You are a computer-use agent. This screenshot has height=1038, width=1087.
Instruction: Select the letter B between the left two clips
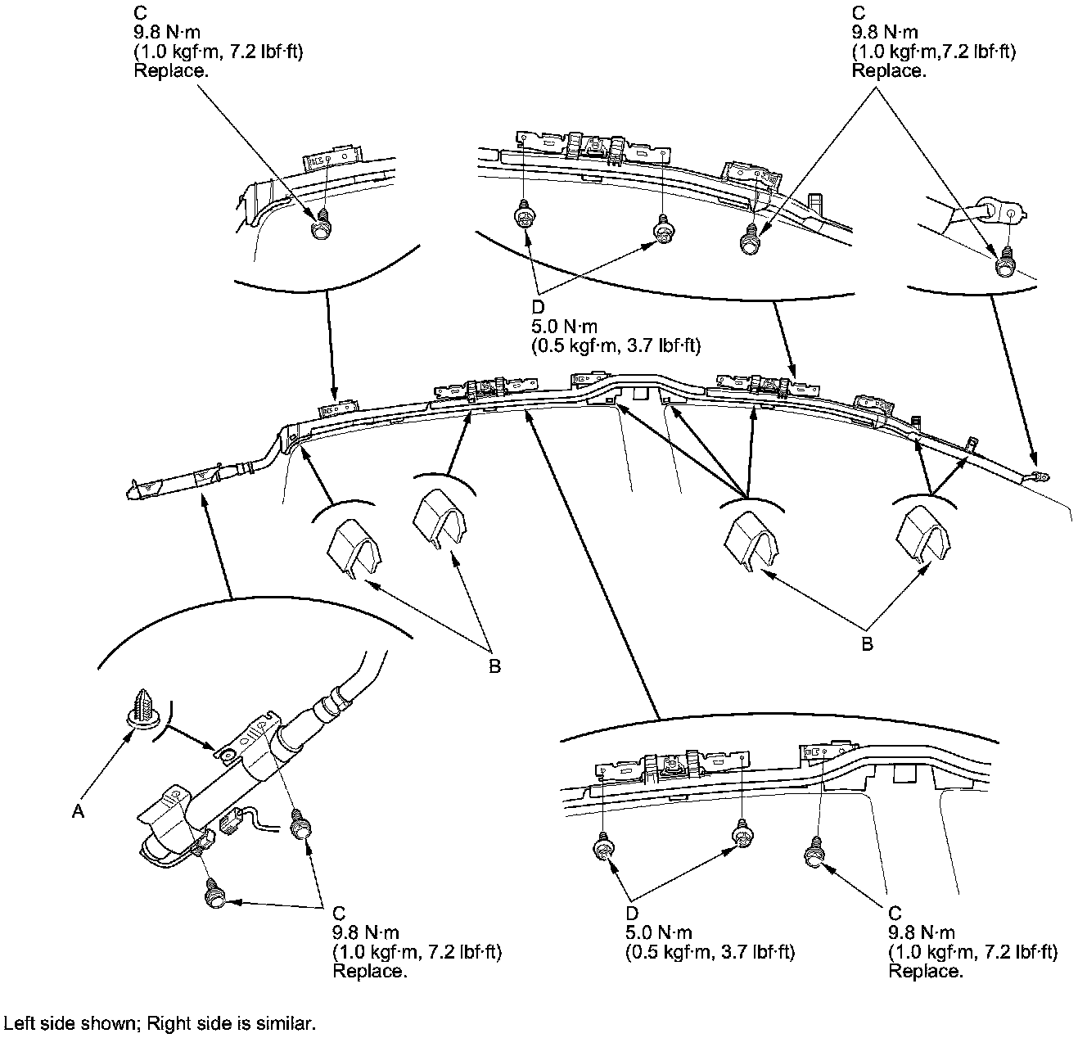(494, 666)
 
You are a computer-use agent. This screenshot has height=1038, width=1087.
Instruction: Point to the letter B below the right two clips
(867, 643)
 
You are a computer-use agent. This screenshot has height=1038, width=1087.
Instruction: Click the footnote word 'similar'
(286, 1023)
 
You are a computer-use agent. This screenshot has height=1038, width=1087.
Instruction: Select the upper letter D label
(538, 307)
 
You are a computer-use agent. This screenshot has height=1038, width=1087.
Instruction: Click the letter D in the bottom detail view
(631, 914)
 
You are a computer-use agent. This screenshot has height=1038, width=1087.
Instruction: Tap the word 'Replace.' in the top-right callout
(889, 70)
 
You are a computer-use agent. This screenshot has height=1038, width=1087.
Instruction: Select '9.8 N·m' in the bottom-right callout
(921, 932)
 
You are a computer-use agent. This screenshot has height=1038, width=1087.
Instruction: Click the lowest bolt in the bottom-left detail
(215, 894)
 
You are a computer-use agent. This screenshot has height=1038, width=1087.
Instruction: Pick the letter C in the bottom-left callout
(339, 914)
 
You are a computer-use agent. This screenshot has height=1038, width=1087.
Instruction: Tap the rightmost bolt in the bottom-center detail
(815, 852)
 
